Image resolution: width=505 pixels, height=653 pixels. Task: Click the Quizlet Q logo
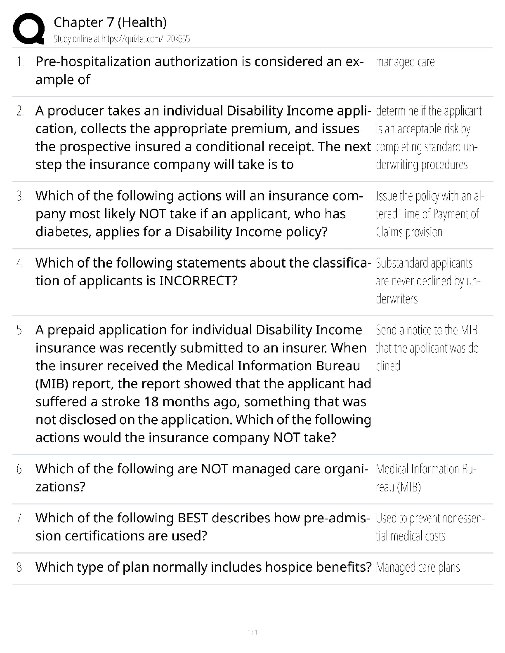pos(28,29)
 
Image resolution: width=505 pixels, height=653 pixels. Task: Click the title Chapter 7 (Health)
pos(110,22)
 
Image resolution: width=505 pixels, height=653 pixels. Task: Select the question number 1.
pos(19,62)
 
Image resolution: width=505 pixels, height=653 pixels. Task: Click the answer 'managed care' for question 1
pos(405,62)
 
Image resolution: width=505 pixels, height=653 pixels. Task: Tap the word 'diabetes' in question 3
pos(64,232)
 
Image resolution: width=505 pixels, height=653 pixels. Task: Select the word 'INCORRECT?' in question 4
pos(198,281)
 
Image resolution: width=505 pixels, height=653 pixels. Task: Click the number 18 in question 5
pos(151,402)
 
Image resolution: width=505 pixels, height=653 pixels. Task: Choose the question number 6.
pos(20,469)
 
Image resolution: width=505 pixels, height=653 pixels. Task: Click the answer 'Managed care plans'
pos(418,568)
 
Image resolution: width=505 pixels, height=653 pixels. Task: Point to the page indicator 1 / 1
pos(252,632)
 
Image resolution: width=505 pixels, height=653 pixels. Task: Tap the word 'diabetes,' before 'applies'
pos(64,232)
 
